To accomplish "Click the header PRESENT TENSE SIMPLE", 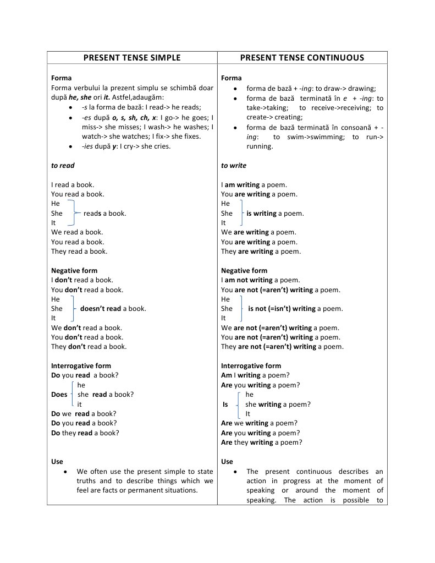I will coord(132,58).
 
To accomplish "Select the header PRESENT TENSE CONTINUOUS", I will coord(302,58).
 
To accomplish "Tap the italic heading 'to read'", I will coord(63,165).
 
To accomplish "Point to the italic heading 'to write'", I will coord(234,165).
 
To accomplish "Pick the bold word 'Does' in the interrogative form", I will coord(59,395).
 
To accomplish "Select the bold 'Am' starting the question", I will coord(227,375).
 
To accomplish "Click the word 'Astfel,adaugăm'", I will coord(134,97).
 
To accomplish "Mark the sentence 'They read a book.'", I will coord(79,252).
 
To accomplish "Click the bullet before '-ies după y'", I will coord(71,147).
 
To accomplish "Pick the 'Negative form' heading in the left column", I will coord(74,271).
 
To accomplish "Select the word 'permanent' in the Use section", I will coord(145,490).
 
